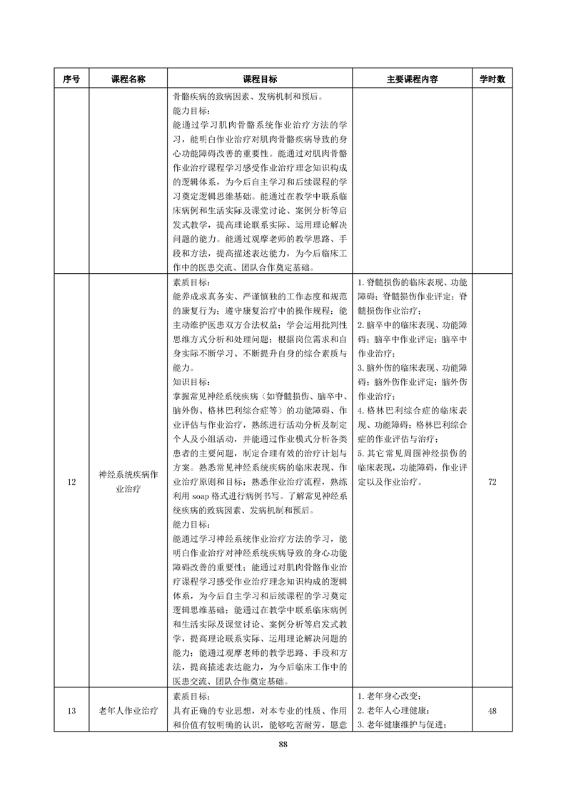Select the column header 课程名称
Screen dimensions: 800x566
(128, 79)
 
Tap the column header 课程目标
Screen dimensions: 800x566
(260, 79)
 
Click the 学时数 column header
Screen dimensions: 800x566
(492, 79)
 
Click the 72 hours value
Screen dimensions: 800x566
(492, 483)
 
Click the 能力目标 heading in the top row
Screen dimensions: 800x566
(191, 111)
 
